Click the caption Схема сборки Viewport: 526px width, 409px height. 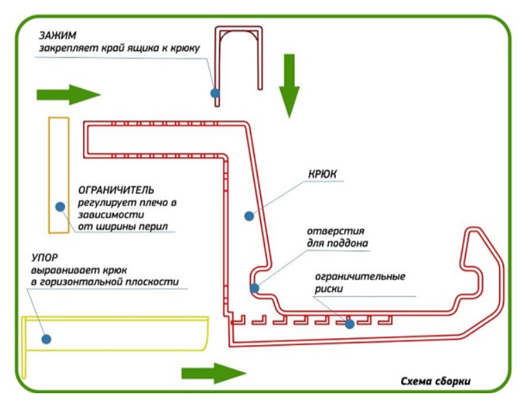coord(436,382)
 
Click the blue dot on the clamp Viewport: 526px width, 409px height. coord(215,92)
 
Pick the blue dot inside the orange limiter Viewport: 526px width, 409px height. coord(60,206)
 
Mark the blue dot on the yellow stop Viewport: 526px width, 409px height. coord(46,338)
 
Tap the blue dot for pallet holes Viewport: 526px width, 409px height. coord(254,288)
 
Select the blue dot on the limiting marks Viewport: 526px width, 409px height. coord(350,323)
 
